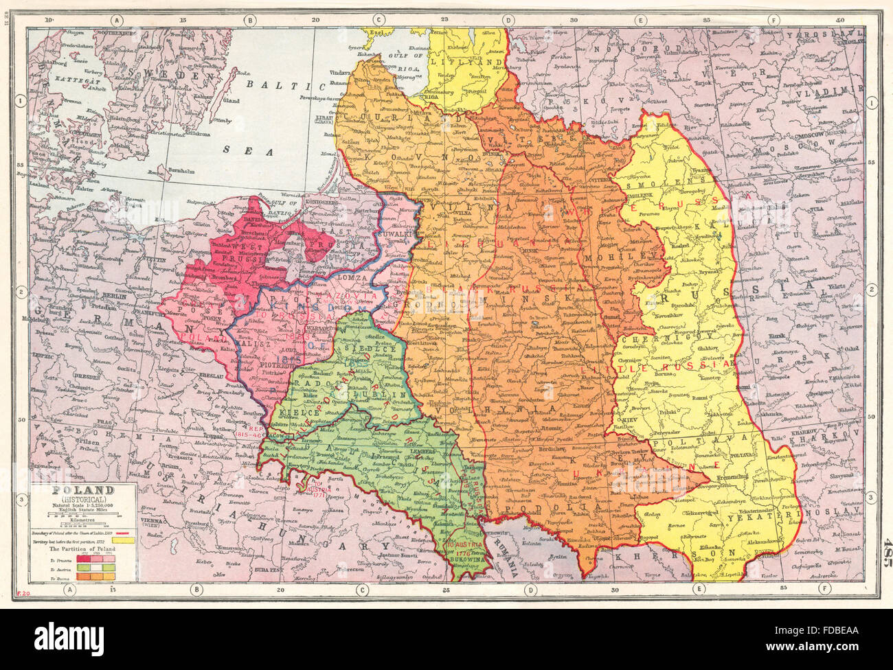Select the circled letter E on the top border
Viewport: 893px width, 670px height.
pos(640,21)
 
